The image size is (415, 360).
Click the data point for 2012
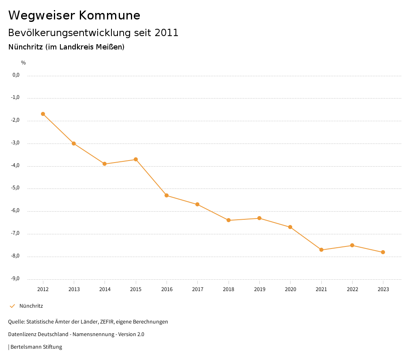pyautogui.click(x=43, y=114)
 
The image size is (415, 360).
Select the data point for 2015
pyautogui.click(x=136, y=159)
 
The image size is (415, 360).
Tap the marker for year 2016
pyautogui.click(x=167, y=195)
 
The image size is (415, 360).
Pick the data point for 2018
pyautogui.click(x=229, y=220)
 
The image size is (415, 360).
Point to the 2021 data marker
pyautogui.click(x=321, y=250)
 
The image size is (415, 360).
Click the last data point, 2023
pyautogui.click(x=383, y=252)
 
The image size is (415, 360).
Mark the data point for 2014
pyautogui.click(x=105, y=164)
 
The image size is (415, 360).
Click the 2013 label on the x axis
pyautogui.click(x=74, y=289)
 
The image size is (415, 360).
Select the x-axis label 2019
pyautogui.click(x=259, y=289)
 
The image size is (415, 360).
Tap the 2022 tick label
pyautogui.click(x=352, y=289)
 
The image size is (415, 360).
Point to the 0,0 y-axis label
pyautogui.click(x=16, y=75)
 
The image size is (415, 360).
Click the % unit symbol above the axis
pyautogui.click(x=24, y=63)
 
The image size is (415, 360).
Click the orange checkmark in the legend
pyautogui.click(x=12, y=306)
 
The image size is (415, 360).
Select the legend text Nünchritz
pyautogui.click(x=31, y=306)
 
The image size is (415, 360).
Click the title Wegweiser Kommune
pyautogui.click(x=74, y=15)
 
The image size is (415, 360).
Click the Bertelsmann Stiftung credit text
pyautogui.click(x=36, y=347)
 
